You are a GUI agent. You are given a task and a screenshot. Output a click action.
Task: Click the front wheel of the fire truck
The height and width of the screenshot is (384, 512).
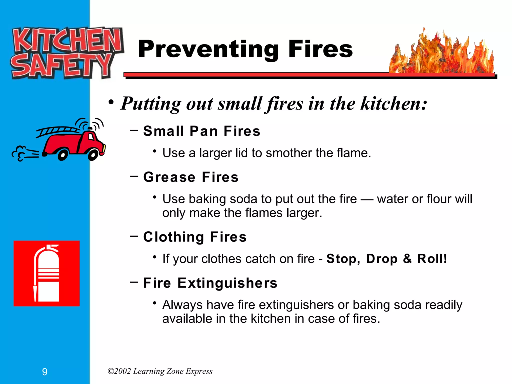click(x=93, y=155)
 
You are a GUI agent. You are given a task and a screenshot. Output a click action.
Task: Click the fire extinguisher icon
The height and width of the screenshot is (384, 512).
click(x=47, y=273)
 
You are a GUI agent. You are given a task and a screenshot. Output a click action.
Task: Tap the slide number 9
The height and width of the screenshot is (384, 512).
click(x=45, y=372)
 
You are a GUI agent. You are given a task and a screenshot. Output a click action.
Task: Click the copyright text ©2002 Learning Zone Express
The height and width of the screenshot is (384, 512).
click(x=160, y=371)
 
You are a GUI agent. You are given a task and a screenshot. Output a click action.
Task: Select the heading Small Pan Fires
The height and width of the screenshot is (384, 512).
click(x=201, y=131)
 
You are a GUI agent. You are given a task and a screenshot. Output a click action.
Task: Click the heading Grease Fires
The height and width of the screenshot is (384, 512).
click(x=191, y=177)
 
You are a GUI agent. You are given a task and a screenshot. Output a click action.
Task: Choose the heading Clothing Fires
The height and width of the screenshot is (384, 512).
click(x=195, y=237)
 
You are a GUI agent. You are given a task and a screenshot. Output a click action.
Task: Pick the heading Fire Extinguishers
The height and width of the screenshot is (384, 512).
click(x=210, y=283)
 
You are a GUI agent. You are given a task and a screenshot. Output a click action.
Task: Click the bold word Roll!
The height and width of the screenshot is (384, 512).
click(x=432, y=259)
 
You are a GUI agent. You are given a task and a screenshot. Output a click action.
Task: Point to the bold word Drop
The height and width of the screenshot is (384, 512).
click(x=382, y=259)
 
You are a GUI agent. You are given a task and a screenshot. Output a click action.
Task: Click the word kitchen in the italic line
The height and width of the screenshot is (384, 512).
click(x=393, y=103)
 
